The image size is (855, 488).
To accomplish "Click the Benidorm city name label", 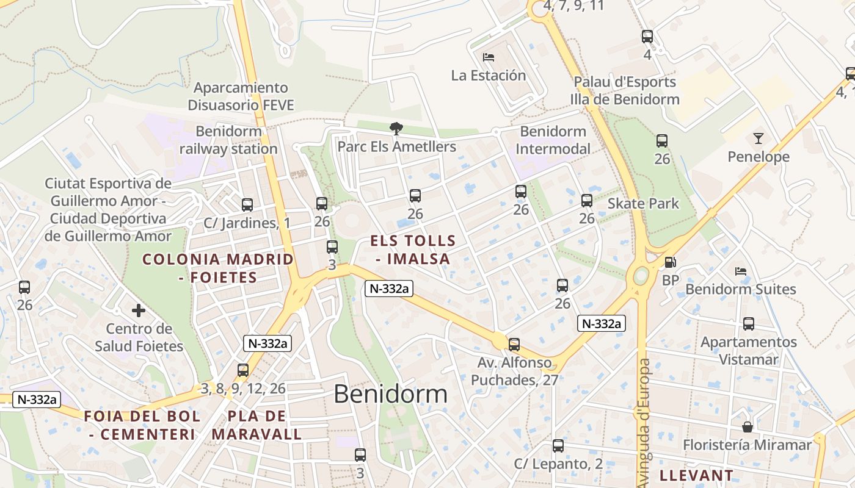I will [x=390, y=394].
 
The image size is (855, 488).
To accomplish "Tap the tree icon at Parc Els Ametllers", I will [x=396, y=128].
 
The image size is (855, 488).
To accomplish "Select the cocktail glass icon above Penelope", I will [x=758, y=138].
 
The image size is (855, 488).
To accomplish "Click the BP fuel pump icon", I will [x=670, y=262].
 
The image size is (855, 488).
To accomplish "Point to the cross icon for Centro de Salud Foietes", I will [x=139, y=310].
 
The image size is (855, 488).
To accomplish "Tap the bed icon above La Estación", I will [x=489, y=57].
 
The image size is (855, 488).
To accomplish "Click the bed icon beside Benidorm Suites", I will [x=741, y=271].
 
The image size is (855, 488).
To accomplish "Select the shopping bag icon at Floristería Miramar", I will [x=747, y=426].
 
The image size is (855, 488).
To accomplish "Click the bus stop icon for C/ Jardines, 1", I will [x=247, y=205].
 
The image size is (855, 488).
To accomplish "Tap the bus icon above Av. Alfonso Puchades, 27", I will [x=514, y=345].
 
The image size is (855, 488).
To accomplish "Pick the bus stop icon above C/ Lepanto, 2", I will [x=558, y=446].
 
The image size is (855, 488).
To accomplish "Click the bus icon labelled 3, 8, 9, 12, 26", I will [x=243, y=370].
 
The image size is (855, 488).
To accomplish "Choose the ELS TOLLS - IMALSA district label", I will [x=413, y=250].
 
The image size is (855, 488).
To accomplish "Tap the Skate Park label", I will [x=643, y=203].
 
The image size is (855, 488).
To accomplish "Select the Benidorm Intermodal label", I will [x=553, y=140].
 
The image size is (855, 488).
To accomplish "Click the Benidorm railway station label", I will [x=228, y=140].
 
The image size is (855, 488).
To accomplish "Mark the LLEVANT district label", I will [x=697, y=475].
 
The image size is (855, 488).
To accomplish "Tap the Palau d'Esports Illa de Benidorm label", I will [x=625, y=90].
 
